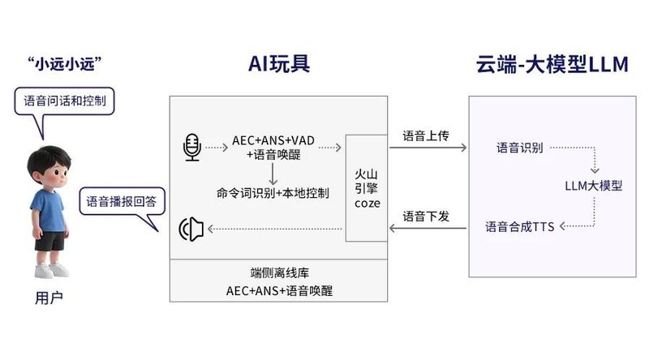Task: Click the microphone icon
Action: click(x=191, y=148)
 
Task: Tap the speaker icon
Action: click(x=190, y=229)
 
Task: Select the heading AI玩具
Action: click(x=279, y=65)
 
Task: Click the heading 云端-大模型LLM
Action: click(x=552, y=65)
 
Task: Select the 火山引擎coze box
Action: click(x=367, y=187)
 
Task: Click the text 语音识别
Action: click(x=519, y=148)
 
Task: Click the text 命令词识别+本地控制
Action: click(x=273, y=194)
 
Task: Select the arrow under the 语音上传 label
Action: click(x=428, y=148)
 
